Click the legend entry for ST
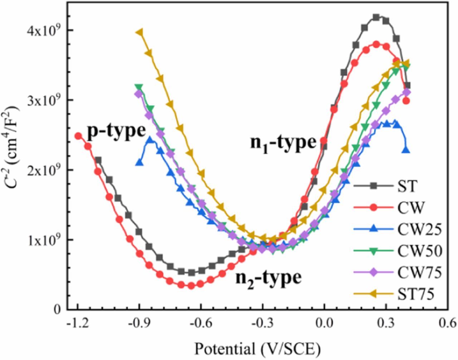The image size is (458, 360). click(394, 186)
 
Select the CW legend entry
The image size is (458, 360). click(394, 208)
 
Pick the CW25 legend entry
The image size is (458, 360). click(394, 229)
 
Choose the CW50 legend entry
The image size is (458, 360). click(394, 251)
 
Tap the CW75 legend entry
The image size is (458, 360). click(394, 273)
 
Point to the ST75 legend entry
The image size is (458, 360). click(394, 294)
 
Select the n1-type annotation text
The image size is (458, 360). click(283, 143)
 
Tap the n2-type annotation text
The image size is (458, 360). click(268, 278)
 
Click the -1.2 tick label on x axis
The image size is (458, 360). click(78, 325)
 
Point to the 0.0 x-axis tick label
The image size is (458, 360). click(324, 325)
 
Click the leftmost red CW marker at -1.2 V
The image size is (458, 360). click(78, 136)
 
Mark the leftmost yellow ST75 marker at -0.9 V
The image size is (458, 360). click(140, 33)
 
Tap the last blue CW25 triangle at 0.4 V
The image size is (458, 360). click(406, 150)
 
